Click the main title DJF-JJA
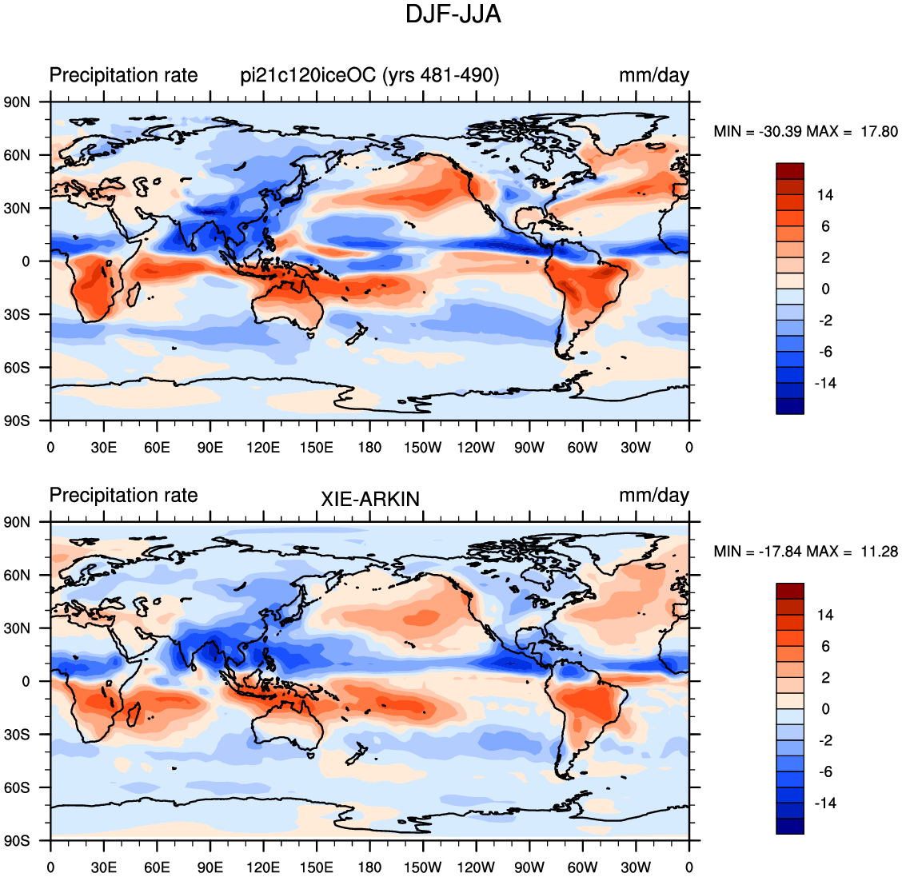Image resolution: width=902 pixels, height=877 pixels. tap(453, 14)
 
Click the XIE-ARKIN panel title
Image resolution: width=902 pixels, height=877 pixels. tap(370, 499)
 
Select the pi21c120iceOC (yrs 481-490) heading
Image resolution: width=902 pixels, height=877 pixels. tap(370, 75)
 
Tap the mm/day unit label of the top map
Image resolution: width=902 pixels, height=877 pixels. tap(654, 75)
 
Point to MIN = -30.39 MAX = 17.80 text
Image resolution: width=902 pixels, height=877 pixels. tap(805, 132)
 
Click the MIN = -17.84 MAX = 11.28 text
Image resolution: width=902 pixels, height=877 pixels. tap(805, 552)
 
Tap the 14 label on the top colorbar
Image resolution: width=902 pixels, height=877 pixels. tap(825, 195)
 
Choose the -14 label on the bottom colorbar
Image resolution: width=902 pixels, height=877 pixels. tap(825, 803)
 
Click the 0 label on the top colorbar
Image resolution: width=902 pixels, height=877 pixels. tap(825, 289)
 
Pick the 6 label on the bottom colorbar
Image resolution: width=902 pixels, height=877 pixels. tap(825, 647)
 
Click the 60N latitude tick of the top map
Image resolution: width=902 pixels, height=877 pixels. tap(18, 155)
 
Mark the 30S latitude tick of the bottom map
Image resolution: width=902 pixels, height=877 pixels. tap(18, 735)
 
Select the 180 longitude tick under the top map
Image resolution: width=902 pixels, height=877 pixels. tap(369, 448)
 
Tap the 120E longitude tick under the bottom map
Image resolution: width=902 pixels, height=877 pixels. tap(263, 867)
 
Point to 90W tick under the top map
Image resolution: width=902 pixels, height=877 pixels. tap(529, 448)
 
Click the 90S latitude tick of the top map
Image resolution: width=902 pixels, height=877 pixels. tap(18, 421)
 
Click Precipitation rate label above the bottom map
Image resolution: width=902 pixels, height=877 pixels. tap(124, 495)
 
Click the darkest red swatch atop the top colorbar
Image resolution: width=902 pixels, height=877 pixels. tap(790, 171)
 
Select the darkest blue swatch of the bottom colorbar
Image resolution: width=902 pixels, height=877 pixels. tap(790, 826)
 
